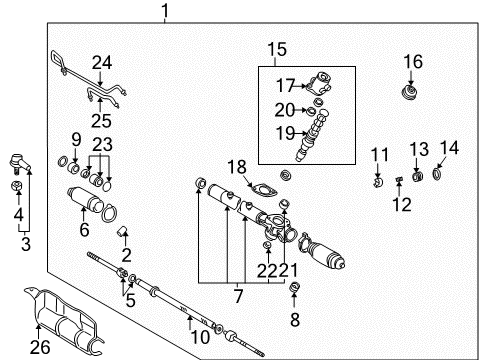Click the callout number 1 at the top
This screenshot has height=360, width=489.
point(166,12)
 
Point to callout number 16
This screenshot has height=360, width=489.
point(413,62)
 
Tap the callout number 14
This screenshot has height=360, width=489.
point(449,148)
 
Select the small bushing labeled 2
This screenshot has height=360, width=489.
point(123,235)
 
